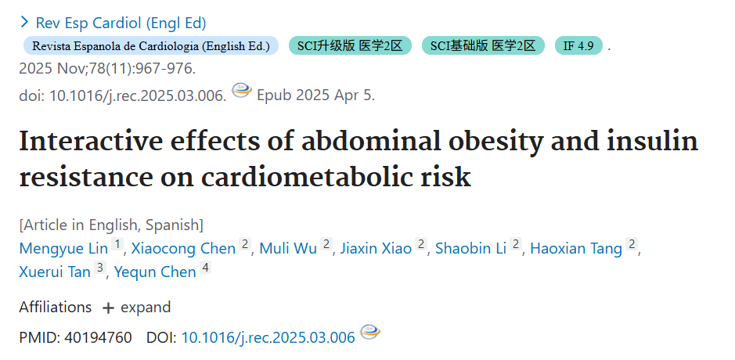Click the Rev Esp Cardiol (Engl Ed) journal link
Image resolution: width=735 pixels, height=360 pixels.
click(121, 23)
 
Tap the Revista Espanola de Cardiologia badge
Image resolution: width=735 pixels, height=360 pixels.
click(151, 46)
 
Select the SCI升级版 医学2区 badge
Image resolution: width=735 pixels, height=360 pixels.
click(350, 46)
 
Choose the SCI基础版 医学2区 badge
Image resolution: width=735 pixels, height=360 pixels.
click(483, 46)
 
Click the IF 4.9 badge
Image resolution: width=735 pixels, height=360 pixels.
click(578, 46)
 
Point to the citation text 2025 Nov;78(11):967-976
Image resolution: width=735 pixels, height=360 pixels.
click(107, 69)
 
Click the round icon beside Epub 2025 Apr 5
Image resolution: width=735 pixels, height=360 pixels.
click(242, 90)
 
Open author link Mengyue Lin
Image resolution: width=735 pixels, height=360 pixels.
click(63, 248)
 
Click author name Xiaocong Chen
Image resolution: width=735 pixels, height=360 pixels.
click(183, 248)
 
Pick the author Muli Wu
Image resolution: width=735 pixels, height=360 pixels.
click(288, 248)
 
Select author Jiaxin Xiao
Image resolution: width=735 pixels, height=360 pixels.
click(376, 248)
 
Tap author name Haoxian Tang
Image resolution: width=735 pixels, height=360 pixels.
click(576, 248)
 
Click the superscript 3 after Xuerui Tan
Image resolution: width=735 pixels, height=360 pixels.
click(99, 268)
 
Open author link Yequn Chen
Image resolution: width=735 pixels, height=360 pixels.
click(155, 272)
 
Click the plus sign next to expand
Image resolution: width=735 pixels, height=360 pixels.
click(108, 308)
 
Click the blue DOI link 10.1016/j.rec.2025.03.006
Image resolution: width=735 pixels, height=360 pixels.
click(268, 337)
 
